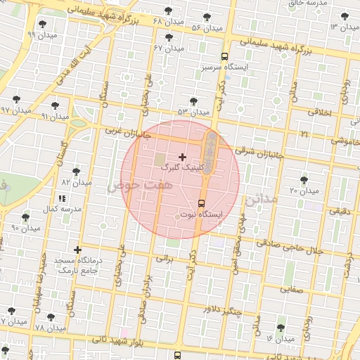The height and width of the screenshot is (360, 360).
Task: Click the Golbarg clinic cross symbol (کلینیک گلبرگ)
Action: (183, 157)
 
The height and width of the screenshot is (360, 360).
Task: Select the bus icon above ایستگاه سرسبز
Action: (224, 56)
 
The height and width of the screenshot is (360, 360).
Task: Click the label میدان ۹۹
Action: (41, 34)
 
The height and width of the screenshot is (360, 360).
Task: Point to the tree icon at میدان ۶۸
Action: (168, 11)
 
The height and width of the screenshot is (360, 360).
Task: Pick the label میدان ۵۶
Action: (207, 27)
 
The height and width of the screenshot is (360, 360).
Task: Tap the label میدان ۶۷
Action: (169, 48)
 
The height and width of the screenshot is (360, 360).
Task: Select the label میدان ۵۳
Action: (193, 112)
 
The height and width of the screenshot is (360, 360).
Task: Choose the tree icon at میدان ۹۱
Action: (55, 106)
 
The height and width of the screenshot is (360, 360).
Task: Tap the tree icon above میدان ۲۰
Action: (304, 181)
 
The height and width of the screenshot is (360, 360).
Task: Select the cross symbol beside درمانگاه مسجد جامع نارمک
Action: (77, 250)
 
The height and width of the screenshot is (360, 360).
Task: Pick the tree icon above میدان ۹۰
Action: (27, 217)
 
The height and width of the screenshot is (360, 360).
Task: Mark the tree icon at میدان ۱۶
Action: (282, 328)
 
